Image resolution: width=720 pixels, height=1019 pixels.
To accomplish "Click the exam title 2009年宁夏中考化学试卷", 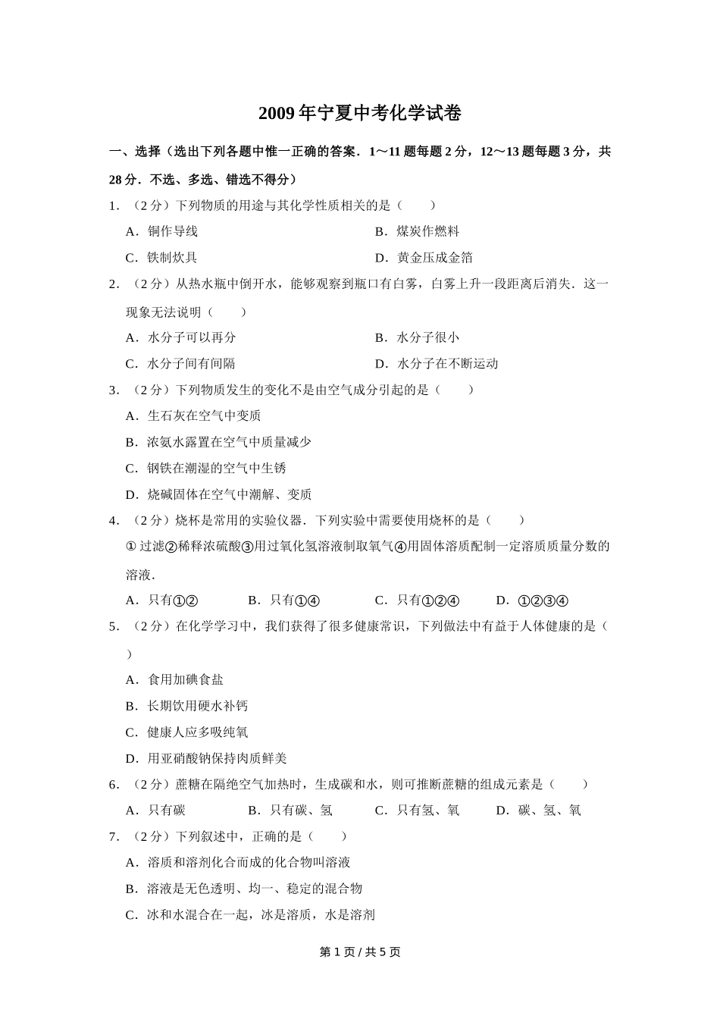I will [360, 114].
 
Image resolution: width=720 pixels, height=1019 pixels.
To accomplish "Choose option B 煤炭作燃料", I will [417, 231].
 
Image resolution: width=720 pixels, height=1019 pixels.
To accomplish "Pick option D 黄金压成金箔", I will [424, 258].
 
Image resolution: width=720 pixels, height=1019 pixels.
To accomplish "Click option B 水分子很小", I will [417, 337].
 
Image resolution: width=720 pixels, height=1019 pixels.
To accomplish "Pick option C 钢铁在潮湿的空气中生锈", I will [205, 468].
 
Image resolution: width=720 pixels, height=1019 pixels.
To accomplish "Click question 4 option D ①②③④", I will [532, 600].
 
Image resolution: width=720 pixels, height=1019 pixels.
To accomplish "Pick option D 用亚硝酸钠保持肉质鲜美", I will [205, 758].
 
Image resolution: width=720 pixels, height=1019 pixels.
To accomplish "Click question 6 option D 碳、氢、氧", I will [539, 810].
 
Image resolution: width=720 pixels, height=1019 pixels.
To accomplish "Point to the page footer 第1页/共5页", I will [360, 952].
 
